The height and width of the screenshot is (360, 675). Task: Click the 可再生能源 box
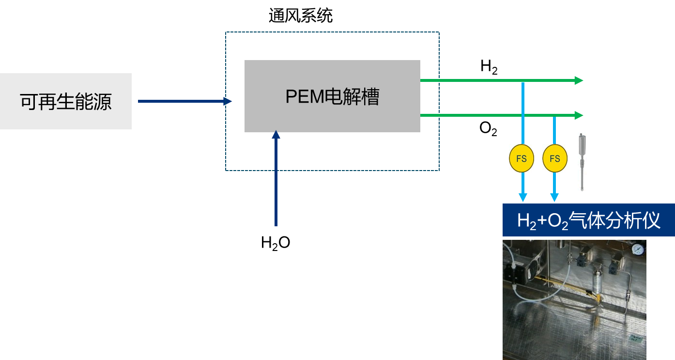coord(65,101)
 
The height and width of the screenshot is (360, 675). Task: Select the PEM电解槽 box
coord(332,96)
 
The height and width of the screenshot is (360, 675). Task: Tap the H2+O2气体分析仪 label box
coord(588,220)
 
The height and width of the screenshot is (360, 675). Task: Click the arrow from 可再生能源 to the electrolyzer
coord(184,101)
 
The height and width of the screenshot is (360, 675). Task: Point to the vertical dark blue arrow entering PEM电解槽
coord(276,179)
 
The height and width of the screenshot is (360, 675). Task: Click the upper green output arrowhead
coord(579,80)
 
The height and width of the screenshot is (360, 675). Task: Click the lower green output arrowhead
coord(579,115)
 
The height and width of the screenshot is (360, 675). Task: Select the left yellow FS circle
coord(522,158)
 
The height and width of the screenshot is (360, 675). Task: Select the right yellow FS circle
coord(555,158)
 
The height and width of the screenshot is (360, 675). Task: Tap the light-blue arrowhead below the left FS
coord(523,197)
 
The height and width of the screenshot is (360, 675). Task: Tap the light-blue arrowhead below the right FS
coord(554,197)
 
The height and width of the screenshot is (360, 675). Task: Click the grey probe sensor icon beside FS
coord(582,162)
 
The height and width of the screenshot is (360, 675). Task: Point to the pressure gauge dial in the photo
coord(638,249)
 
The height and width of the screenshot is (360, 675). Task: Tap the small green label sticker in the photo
coord(637,340)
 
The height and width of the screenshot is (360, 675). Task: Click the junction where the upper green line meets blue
coord(523,80)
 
